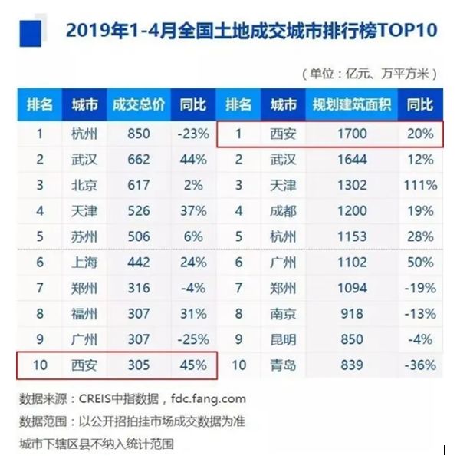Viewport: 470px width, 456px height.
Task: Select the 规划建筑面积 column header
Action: pos(352,104)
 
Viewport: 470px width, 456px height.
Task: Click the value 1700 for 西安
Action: pos(352,134)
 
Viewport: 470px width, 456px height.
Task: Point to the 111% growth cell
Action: pos(421,185)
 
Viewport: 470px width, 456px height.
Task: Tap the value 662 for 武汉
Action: pos(138,160)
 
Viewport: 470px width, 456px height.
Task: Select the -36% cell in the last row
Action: pos(421,365)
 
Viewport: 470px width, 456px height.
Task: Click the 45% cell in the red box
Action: pos(192,365)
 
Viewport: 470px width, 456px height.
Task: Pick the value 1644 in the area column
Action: pos(352,160)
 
